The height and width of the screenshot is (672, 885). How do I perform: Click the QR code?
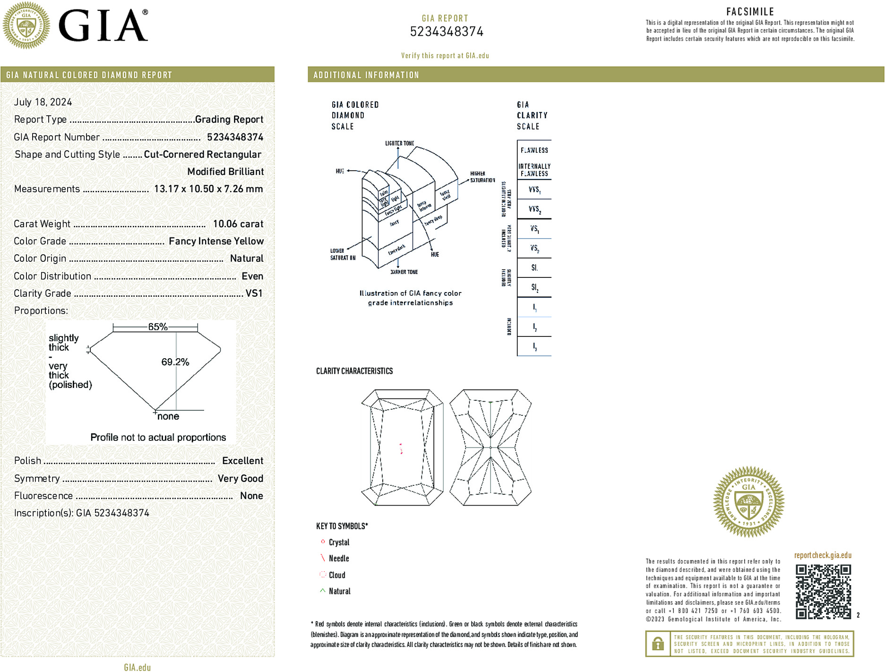click(823, 591)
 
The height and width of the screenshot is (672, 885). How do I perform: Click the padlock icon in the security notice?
click(658, 644)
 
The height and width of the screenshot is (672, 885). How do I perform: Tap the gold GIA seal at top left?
click(26, 26)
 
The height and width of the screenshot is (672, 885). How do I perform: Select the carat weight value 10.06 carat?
click(238, 224)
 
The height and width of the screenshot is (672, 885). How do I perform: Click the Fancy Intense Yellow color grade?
click(216, 241)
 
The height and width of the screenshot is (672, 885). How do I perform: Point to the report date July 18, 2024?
click(43, 102)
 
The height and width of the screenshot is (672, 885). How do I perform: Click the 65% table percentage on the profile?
click(157, 327)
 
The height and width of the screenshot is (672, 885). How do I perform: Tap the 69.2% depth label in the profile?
click(175, 362)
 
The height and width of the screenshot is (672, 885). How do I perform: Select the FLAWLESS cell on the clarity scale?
click(534, 150)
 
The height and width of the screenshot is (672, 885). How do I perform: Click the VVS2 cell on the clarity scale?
click(534, 209)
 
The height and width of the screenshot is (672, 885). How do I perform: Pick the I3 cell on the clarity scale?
click(534, 346)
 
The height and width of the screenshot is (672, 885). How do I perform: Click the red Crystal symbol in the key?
click(323, 542)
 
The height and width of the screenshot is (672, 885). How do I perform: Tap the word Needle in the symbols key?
click(339, 559)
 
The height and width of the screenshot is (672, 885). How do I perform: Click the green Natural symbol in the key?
click(323, 591)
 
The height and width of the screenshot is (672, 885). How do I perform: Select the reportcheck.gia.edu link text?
click(823, 555)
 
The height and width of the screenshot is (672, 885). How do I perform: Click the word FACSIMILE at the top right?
click(750, 12)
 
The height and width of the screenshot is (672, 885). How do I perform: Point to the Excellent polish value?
click(242, 461)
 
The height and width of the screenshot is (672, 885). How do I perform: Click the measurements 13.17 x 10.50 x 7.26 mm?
click(208, 189)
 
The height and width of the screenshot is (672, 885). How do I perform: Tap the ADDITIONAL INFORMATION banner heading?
click(366, 75)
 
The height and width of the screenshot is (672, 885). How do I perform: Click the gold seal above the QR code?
click(748, 502)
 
